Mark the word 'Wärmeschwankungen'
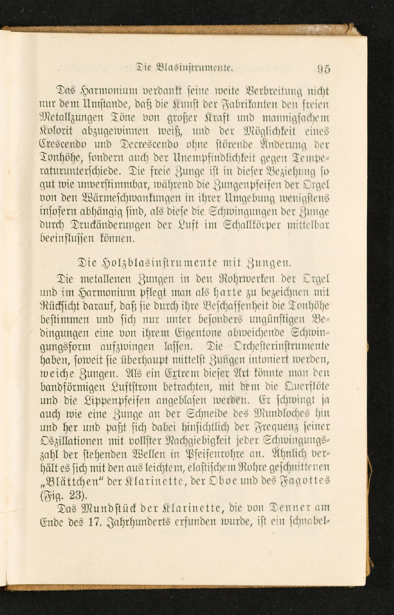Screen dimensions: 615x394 click(113, 198)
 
